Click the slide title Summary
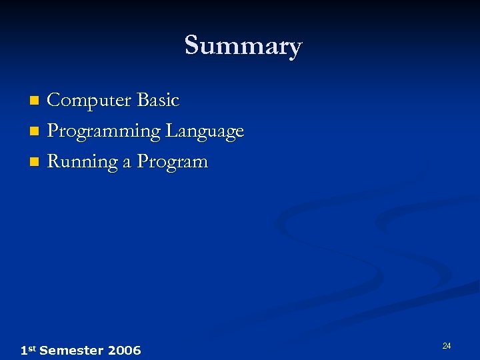[243, 46]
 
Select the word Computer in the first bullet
[89, 101]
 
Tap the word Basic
[157, 101]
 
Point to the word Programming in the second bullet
[104, 131]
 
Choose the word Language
[205, 131]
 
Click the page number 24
[447, 345]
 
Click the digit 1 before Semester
[23, 350]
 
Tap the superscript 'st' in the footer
[31, 348]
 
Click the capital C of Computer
[54, 101]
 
